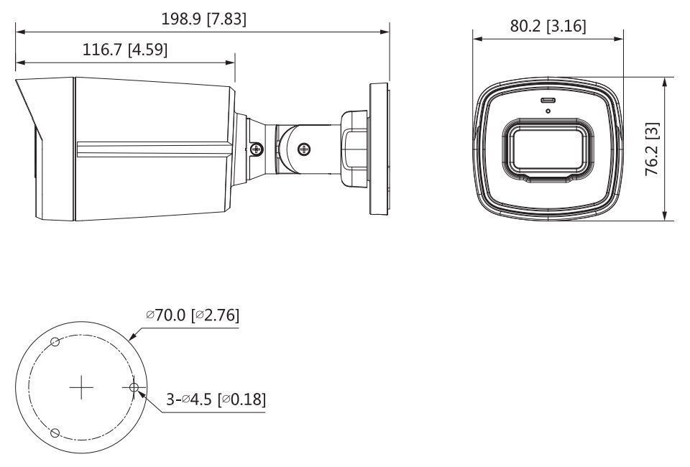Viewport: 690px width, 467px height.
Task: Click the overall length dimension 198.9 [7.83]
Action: (x=203, y=19)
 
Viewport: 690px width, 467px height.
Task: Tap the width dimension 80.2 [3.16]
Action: (x=548, y=27)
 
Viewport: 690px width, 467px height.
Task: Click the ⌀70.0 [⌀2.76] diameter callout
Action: (x=192, y=315)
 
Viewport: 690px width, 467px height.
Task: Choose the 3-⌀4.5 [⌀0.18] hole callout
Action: (x=216, y=399)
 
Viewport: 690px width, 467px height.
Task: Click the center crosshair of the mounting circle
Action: (x=82, y=388)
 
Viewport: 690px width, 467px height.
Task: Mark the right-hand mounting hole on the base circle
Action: (x=134, y=388)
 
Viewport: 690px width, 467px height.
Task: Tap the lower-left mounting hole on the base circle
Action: (x=55, y=433)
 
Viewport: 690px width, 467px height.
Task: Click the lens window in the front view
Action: (x=548, y=148)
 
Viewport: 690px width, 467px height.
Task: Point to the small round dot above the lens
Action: (x=548, y=111)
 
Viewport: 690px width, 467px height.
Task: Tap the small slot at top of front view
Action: (x=548, y=100)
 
